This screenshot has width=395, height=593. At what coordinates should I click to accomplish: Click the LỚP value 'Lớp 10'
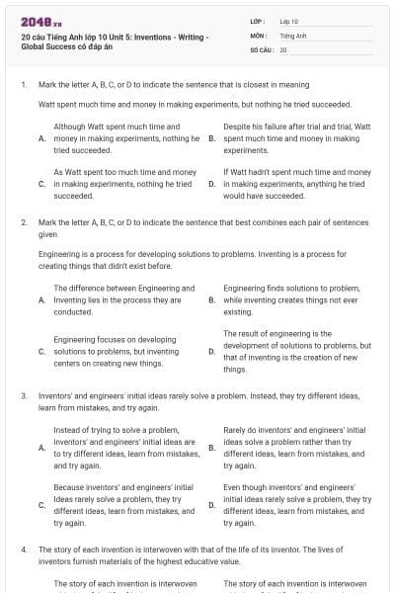(288, 20)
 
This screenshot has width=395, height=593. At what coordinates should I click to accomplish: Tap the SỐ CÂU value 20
(283, 48)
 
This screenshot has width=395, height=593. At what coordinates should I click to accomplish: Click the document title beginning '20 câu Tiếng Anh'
(114, 42)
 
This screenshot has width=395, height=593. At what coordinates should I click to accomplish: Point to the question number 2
(23, 222)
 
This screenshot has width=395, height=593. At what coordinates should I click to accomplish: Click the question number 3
(23, 395)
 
